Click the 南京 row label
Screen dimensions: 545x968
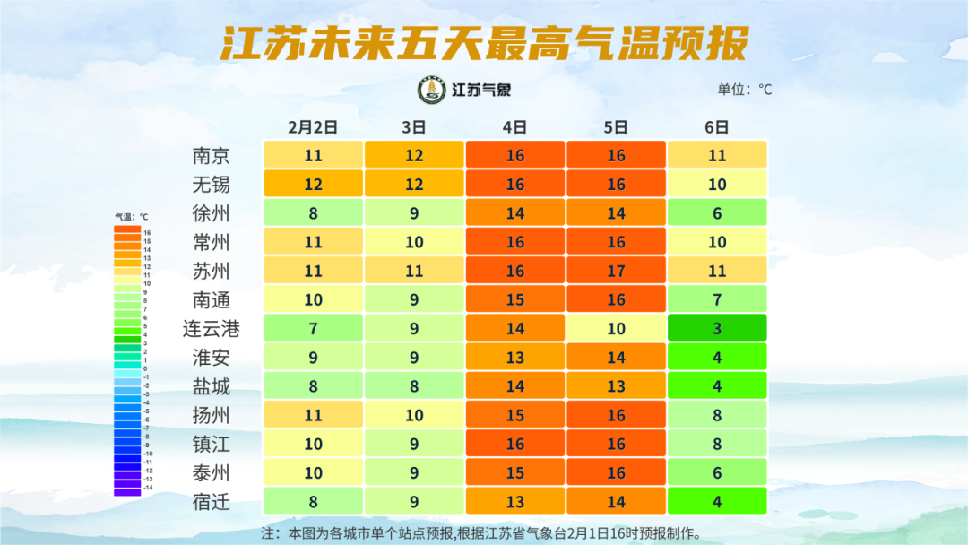(x=212, y=155)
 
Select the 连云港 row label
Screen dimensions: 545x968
(x=212, y=329)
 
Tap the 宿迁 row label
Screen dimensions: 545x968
(x=212, y=502)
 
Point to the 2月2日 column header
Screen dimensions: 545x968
(x=313, y=127)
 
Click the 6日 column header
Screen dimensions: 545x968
(x=717, y=127)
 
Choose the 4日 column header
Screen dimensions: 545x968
(x=514, y=127)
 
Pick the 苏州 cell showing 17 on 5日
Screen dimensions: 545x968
(x=616, y=271)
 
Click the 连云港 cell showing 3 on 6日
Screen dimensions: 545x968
(x=717, y=329)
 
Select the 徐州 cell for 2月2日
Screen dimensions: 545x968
(x=313, y=213)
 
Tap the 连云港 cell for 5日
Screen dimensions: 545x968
(x=616, y=329)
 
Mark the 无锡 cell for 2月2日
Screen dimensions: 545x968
(x=313, y=184)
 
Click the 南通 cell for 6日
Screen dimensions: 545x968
(x=717, y=299)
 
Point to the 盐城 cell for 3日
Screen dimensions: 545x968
(x=414, y=386)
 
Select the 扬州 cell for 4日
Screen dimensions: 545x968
(x=514, y=415)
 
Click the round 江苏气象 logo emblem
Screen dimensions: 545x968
(x=432, y=90)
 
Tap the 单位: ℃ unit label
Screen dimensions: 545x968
(x=744, y=90)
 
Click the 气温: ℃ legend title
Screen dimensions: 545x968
(x=131, y=216)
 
